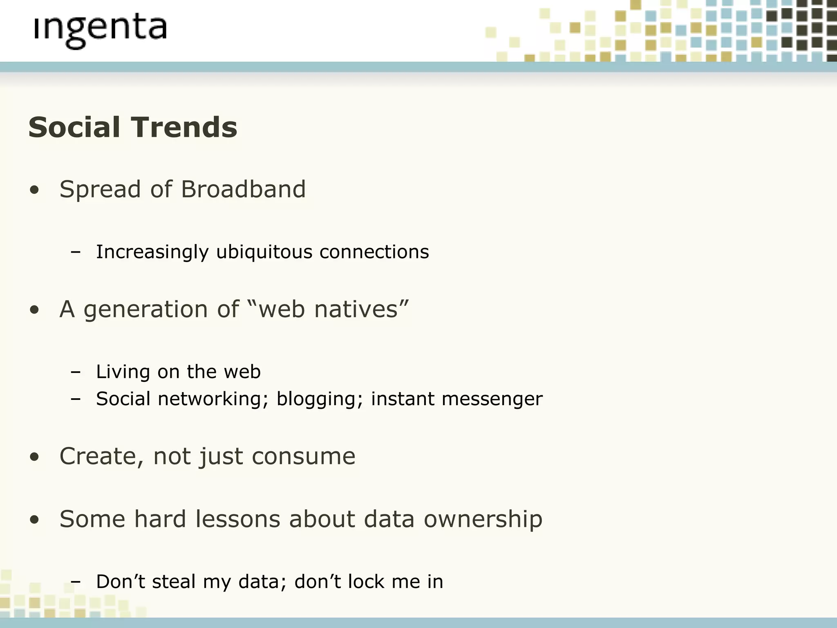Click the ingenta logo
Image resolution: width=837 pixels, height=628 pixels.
[100, 31]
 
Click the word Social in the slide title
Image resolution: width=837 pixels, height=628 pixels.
[74, 127]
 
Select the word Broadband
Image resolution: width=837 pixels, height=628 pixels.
[243, 189]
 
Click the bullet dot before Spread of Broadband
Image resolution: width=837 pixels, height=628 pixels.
[35, 190]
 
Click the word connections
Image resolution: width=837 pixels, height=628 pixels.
[374, 252]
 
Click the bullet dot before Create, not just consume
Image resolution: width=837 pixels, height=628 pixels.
[35, 458]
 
